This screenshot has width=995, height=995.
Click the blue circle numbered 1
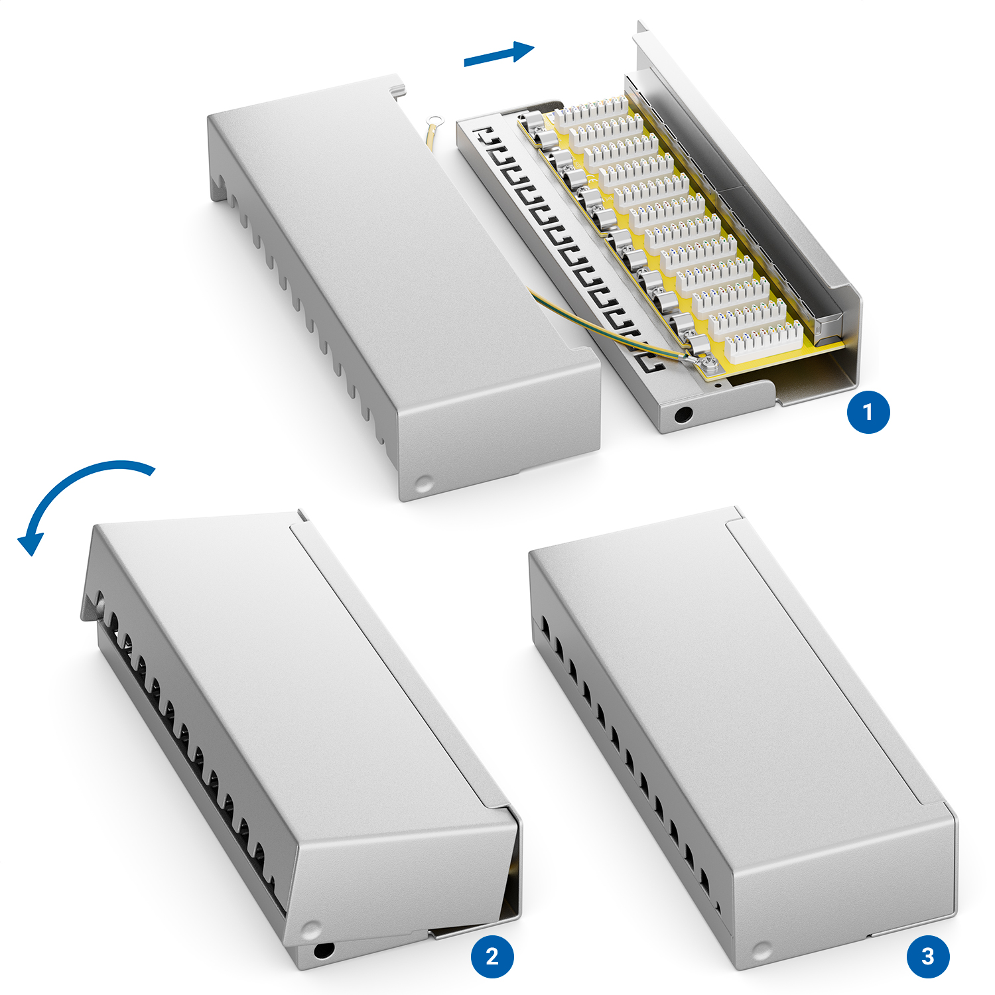(x=868, y=412)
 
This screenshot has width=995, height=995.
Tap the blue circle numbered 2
(x=492, y=956)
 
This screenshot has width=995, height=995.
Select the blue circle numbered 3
(x=928, y=956)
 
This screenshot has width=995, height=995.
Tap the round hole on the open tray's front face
(x=683, y=416)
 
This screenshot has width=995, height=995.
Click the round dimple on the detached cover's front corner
(x=423, y=483)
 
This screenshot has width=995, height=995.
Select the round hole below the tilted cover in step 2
(x=323, y=950)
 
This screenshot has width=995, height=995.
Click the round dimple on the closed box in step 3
(x=762, y=951)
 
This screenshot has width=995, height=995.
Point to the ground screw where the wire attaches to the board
(x=707, y=362)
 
